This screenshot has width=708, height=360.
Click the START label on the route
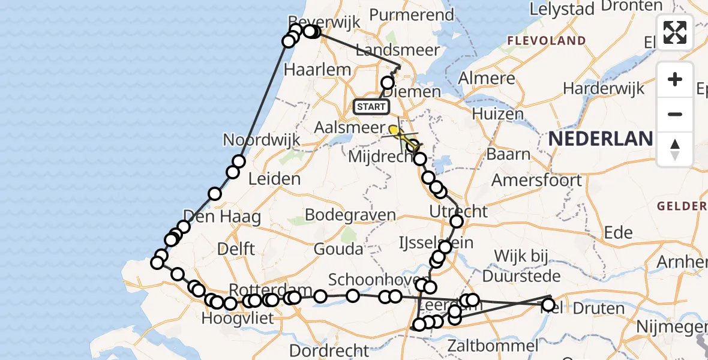point(371,107)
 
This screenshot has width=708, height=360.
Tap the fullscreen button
point(675,32)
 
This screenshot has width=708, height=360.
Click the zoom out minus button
point(675,114)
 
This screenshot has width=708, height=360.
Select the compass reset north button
point(675,149)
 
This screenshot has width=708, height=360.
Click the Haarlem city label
point(317,70)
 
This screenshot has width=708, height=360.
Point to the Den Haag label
point(222,217)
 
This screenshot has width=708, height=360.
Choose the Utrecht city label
point(459,211)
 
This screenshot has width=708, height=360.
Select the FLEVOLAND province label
point(546,41)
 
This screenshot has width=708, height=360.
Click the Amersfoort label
point(536,180)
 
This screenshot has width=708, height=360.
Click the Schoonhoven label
point(369,280)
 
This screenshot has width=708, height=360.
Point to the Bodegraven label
point(350,215)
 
